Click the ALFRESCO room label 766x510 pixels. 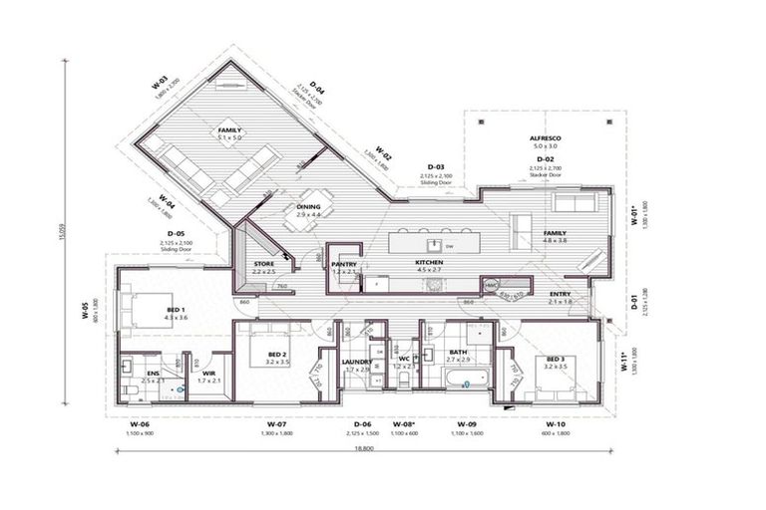coord(545,135)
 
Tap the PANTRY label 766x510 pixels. coord(344,264)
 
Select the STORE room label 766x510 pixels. coord(263,264)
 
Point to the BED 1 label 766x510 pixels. coord(177,310)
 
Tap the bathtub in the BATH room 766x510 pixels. coord(466,380)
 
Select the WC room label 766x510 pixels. coord(404,360)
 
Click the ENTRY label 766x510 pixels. coord(561,294)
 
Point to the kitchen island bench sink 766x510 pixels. coord(433,242)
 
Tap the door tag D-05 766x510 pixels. coord(175,234)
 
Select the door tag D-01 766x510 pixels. coord(634,297)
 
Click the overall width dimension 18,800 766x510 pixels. coord(365,449)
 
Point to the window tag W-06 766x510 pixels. coord(140,424)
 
